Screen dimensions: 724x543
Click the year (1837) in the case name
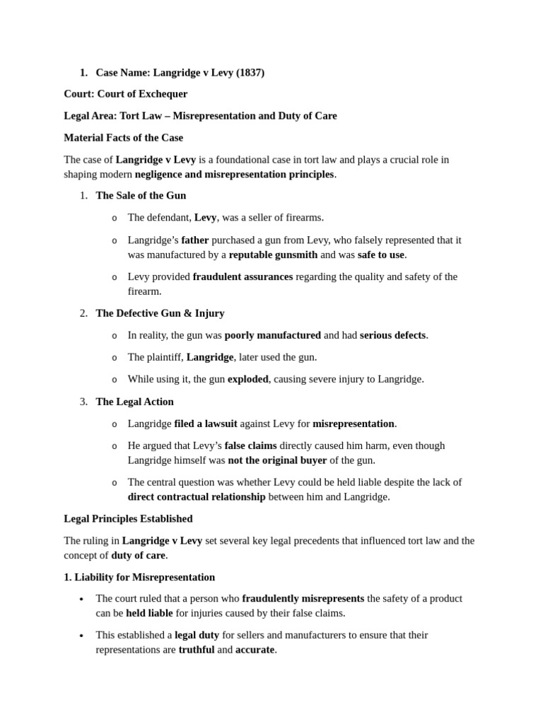(x=250, y=72)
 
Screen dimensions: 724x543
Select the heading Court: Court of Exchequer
(x=126, y=93)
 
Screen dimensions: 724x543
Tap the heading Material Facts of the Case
(x=124, y=137)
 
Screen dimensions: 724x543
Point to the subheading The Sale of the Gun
(x=141, y=195)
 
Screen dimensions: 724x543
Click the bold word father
(x=195, y=240)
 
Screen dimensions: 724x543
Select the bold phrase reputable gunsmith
(x=273, y=255)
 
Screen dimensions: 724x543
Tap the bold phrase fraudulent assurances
(x=243, y=276)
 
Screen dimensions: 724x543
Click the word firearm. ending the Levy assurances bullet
(x=144, y=291)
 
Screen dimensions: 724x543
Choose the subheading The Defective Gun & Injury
(x=160, y=313)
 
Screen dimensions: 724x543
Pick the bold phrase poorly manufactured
(x=272, y=335)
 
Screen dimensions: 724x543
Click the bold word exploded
(x=247, y=379)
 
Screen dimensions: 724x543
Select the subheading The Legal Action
(x=134, y=402)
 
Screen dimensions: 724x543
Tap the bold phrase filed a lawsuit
(x=206, y=424)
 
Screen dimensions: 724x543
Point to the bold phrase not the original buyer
(x=277, y=460)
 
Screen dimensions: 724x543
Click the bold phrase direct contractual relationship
(x=197, y=496)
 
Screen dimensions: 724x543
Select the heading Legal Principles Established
(x=128, y=518)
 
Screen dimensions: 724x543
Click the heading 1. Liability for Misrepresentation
(x=139, y=577)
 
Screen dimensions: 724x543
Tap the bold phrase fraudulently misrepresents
(x=303, y=598)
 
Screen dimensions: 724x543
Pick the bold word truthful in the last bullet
(x=197, y=649)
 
